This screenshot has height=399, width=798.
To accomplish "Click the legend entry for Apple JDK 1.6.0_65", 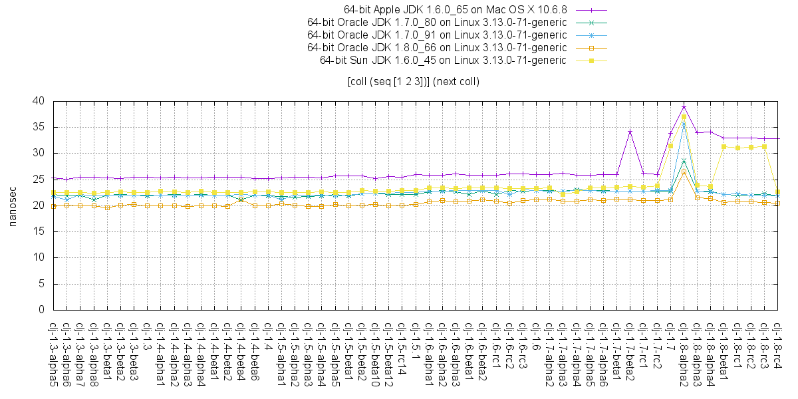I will [455, 10].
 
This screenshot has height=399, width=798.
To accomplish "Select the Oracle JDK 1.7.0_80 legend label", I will [437, 23].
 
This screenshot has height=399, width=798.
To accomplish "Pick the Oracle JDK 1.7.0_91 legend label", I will [437, 35].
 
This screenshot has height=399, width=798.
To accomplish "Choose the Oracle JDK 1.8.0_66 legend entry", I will [437, 47].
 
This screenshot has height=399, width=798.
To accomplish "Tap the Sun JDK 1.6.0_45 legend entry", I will [443, 60].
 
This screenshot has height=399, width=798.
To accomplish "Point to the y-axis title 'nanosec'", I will [12, 205].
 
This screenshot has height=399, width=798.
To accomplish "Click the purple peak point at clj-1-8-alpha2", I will [684, 106].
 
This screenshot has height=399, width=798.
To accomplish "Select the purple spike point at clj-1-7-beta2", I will [630, 132].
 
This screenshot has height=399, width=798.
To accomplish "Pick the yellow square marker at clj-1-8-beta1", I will [724, 146].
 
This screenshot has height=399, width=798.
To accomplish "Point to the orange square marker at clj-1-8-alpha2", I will [684, 172].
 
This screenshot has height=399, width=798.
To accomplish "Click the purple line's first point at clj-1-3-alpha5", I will [53, 178].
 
